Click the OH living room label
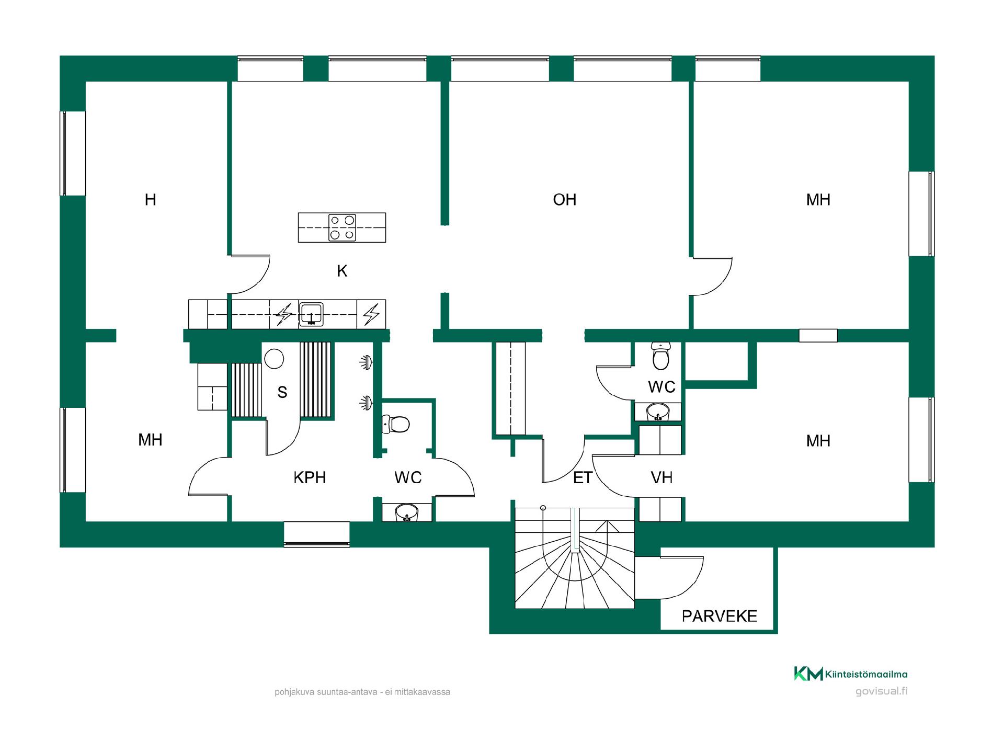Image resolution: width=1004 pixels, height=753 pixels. tap(564, 200)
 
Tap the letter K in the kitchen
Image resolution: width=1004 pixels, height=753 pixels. tap(342, 271)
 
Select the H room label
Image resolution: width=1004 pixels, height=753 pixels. tap(150, 200)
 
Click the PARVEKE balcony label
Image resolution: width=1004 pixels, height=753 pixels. tap(720, 616)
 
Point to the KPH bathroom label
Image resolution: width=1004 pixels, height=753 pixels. tap(310, 477)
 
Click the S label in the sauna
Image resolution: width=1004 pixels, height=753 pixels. tap(282, 392)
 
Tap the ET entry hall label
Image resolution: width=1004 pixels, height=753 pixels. tap(583, 477)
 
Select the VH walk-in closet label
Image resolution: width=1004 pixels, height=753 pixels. tap(661, 477)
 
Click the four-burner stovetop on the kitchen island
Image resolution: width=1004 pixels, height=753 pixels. tap(342, 227)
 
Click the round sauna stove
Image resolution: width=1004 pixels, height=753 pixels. tap(274, 359)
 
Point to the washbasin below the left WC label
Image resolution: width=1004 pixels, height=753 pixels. tap(407, 512)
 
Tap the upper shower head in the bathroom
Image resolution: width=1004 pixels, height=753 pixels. tap(366, 361)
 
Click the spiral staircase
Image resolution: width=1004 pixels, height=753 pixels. tap(575, 557)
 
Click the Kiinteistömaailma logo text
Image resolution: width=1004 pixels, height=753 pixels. tap(866, 675)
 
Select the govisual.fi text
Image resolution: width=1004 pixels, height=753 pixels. tap(882, 691)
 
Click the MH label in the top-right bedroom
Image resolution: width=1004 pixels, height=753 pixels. tap(818, 200)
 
